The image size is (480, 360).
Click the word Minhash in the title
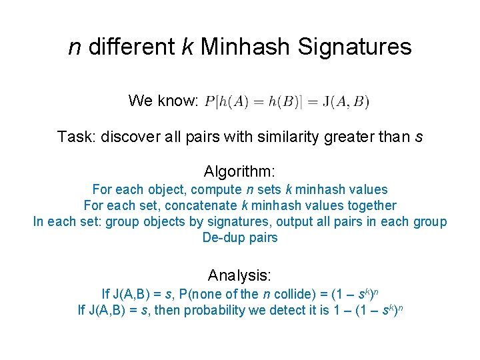tap(245, 47)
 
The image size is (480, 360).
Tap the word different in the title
tap(131, 47)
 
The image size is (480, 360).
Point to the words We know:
tap(163, 101)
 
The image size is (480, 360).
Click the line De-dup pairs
tap(240, 238)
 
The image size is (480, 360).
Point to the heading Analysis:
tap(240, 275)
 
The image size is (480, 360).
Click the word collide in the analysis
tap(287, 293)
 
